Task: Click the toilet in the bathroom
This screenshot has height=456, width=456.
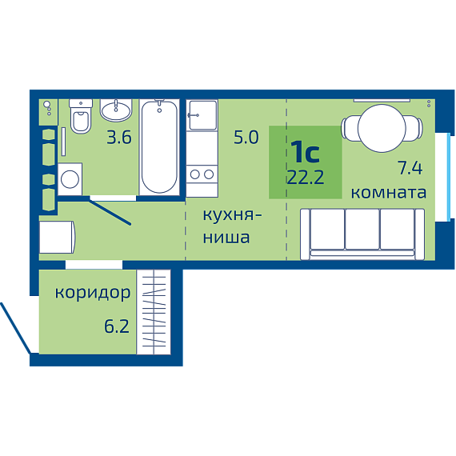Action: [x=81, y=116]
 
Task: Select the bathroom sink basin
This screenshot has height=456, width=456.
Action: [x=116, y=110]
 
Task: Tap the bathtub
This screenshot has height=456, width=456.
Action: [x=159, y=147]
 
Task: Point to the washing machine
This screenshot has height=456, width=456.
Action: [x=70, y=179]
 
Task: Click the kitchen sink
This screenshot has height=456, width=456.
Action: [x=202, y=115]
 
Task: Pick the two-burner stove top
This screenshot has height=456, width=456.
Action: [x=202, y=174]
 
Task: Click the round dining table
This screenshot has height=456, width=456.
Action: [x=382, y=128]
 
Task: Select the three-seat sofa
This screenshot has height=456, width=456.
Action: [x=362, y=234]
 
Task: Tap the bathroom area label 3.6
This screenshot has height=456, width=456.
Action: [x=119, y=138]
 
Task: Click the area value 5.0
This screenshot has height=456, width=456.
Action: [x=246, y=138]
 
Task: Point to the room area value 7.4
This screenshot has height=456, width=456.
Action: [x=410, y=168]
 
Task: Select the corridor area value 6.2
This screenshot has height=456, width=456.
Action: [x=117, y=326]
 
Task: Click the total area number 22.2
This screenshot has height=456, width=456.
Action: [x=306, y=177]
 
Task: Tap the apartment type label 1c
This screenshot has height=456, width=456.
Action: [x=306, y=151]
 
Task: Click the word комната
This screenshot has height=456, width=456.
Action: [x=389, y=193]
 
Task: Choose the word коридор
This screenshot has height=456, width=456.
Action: [x=93, y=293]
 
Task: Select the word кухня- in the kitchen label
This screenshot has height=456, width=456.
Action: [x=232, y=216]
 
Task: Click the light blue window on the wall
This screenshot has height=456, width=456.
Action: [x=449, y=177]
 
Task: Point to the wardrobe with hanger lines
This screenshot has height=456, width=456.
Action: [x=154, y=312]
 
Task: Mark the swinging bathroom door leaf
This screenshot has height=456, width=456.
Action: [x=110, y=211]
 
